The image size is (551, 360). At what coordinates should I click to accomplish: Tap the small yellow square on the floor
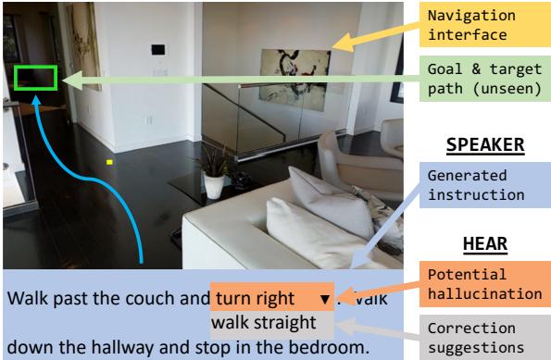pyautogui.click(x=109, y=162)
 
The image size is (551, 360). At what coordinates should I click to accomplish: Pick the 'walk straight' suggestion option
pyautogui.click(x=264, y=324)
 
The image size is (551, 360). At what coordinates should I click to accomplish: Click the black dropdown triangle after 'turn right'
pyautogui.click(x=325, y=301)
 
